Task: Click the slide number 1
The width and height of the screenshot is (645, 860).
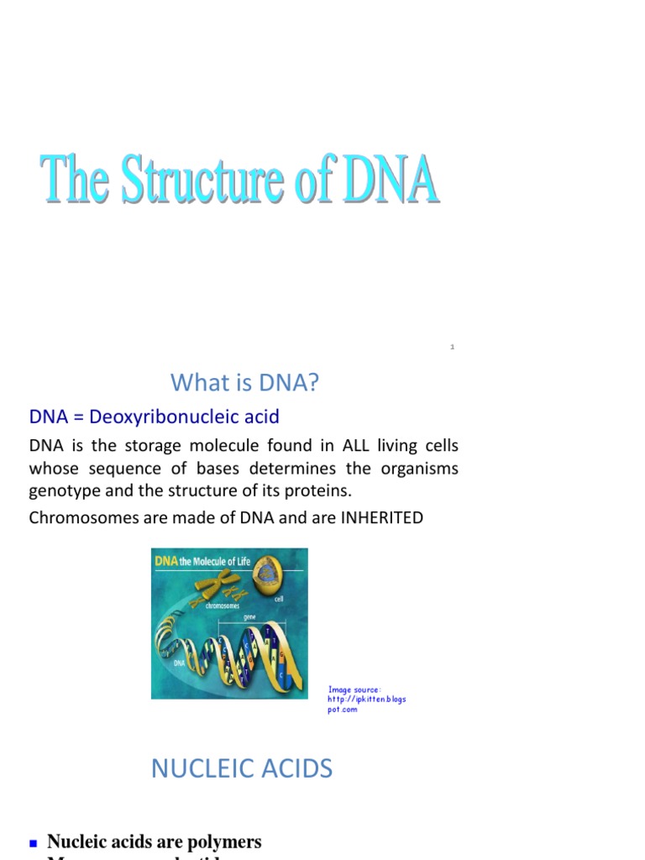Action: (x=452, y=347)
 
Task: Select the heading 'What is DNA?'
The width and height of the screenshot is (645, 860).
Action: (x=245, y=383)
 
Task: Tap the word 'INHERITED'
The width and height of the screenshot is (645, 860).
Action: (x=381, y=517)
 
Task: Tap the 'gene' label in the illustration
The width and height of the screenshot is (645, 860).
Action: (x=249, y=616)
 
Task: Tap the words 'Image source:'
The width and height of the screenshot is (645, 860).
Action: (x=354, y=690)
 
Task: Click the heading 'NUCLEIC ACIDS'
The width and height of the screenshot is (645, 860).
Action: (x=242, y=768)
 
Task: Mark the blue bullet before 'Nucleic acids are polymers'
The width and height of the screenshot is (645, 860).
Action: (x=34, y=842)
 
